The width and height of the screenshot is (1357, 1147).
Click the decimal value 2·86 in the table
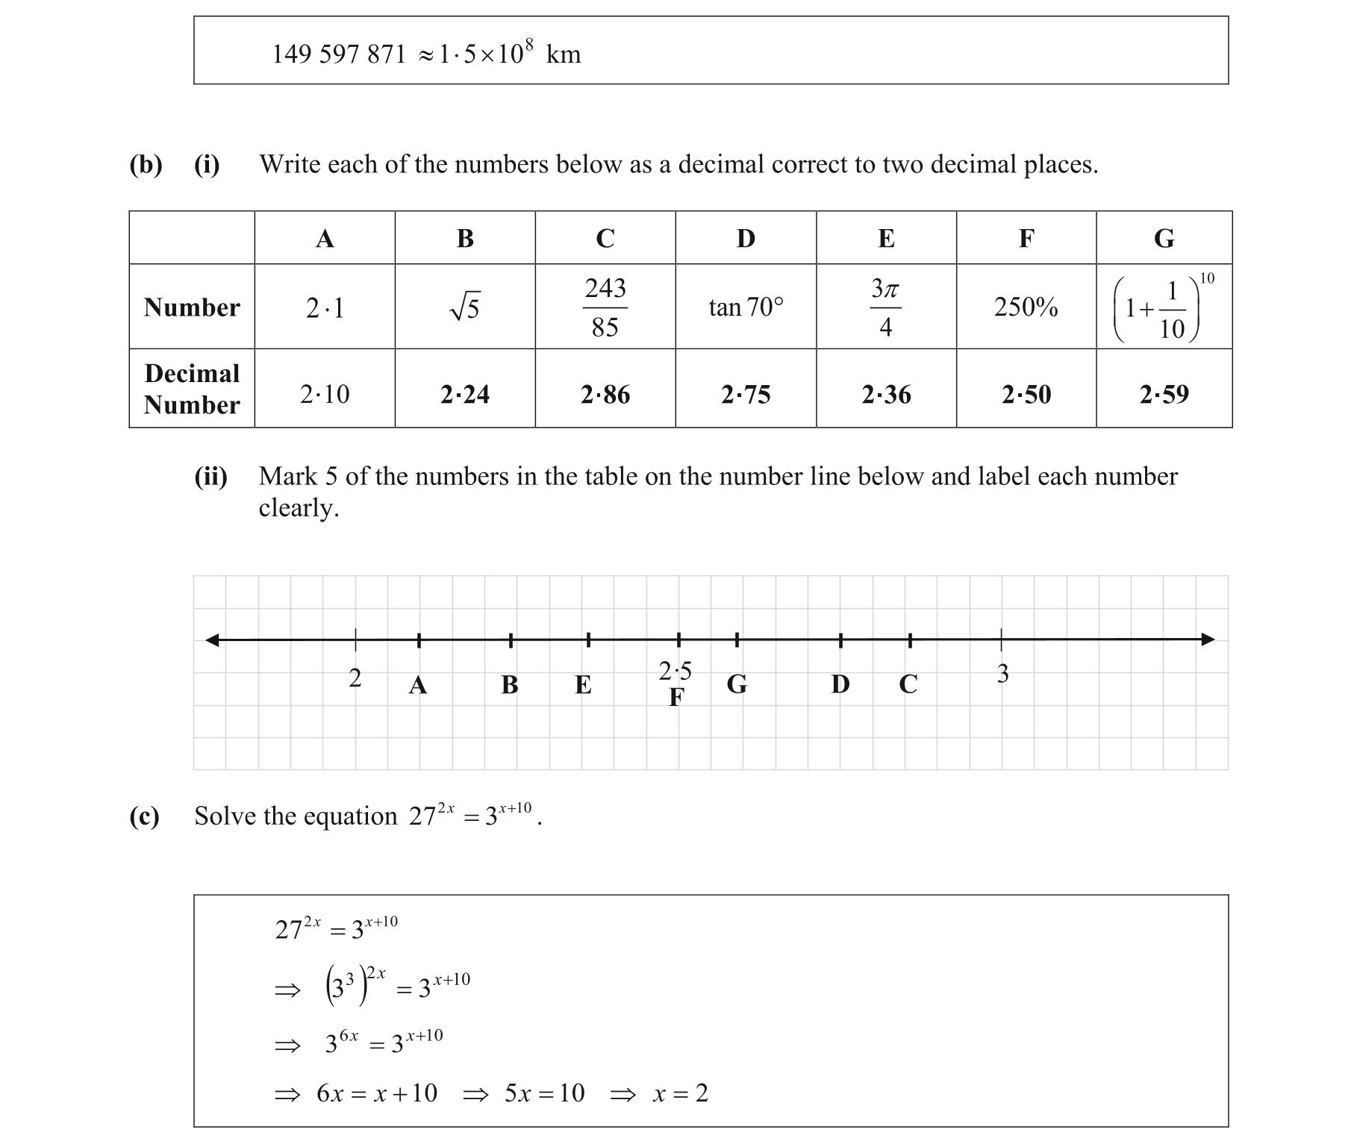pos(605,394)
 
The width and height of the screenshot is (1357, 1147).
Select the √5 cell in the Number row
pos(464,307)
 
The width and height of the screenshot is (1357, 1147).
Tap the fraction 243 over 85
pos(605,307)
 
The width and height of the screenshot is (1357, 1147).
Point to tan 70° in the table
pos(746,307)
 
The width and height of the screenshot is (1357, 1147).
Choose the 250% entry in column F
pos(1026,307)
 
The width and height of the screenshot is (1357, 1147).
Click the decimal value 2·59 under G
pos(1164,394)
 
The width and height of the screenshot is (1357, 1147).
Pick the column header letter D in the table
pos(746,238)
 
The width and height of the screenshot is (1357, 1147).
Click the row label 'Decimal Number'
pos(192,389)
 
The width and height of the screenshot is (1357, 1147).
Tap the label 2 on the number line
pos(355,678)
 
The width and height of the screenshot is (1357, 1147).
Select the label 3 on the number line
pos(1002,674)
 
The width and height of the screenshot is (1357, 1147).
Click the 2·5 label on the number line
pos(675,671)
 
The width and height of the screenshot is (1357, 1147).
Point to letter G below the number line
pos(737,684)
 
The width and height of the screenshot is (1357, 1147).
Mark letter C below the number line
pos(908,684)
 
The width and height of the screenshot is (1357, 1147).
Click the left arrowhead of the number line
pos(213,640)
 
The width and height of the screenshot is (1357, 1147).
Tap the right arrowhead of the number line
pos(1208,640)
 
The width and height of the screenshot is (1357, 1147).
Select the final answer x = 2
pos(680,1093)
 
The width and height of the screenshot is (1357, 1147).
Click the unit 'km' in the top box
pos(564,54)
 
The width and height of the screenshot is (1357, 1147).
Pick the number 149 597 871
pos(339,54)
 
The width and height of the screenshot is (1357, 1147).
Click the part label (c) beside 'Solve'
pos(144,816)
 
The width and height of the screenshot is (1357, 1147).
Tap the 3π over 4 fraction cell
pos(885,307)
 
